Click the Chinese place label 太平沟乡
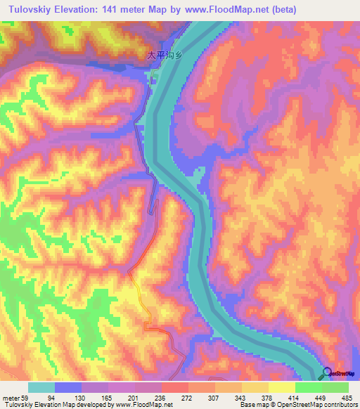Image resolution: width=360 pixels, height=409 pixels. tap(163, 56)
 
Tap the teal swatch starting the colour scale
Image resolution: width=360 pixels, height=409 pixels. tap(41, 387)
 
